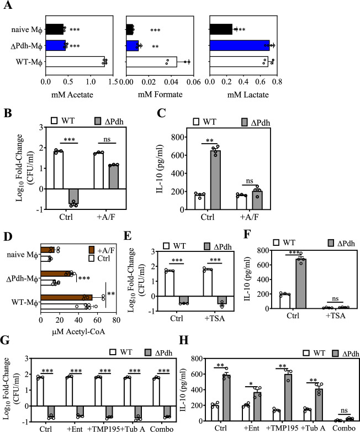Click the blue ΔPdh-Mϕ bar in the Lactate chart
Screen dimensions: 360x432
pos(240,45)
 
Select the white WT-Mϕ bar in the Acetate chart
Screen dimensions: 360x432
pos(75,61)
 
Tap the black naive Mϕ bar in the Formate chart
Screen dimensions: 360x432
pos(129,29)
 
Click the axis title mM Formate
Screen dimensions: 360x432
pos(160,94)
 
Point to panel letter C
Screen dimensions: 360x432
pos(161,113)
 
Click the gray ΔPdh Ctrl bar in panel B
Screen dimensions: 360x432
pos(73,197)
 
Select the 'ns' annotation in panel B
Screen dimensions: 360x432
pos(107,139)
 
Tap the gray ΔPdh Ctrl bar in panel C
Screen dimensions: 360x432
pos(216,180)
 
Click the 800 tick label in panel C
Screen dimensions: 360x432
pos(178,137)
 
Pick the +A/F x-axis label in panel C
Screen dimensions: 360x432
pos(249,217)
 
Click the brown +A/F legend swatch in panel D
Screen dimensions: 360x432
pos(92,250)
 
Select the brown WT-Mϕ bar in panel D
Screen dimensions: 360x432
pos(66,298)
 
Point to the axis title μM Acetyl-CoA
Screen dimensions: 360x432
pos(78,331)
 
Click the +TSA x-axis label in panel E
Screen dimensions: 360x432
pos(215,319)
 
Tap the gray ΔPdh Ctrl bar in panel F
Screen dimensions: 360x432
pos(301,284)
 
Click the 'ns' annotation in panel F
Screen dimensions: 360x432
pos(335,299)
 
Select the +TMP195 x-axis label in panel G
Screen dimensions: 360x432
pos(103,429)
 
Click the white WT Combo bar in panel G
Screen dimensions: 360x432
pos(156,392)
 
